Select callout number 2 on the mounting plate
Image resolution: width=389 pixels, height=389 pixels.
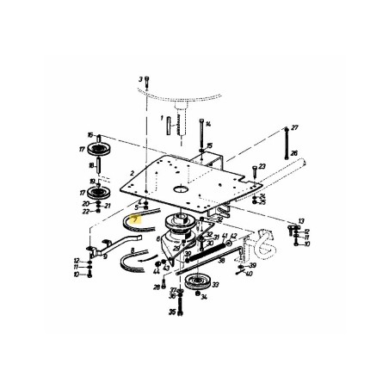point(133,174)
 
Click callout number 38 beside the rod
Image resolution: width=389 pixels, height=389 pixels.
point(220,262)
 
